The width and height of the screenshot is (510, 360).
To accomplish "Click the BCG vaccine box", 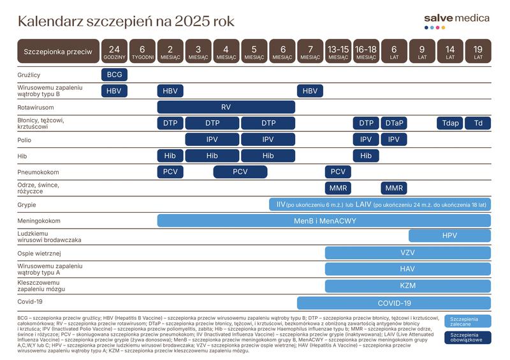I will point(114,75).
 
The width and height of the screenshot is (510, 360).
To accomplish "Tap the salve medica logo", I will point(456,20).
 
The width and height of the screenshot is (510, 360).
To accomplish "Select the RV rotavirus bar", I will point(226,107).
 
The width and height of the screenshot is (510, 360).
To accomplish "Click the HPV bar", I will point(449,236).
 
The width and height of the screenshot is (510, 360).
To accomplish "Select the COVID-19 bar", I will point(394,303).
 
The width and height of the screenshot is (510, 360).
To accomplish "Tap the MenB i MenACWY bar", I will point(324,221).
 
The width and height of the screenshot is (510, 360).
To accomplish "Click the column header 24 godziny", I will point(114,52).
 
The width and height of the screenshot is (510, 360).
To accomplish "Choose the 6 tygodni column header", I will point(142,52).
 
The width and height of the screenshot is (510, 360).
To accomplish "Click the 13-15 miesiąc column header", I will point(338,52).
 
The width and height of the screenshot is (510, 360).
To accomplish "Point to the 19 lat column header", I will point(477,52).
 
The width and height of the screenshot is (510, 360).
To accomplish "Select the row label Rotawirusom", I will point(36,107).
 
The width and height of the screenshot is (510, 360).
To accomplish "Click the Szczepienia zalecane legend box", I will point(467,320).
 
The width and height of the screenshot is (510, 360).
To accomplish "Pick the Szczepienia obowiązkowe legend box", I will point(467,338).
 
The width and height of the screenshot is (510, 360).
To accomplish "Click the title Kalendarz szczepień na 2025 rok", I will point(126,22).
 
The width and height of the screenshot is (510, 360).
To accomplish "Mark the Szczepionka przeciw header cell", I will point(57,52).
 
